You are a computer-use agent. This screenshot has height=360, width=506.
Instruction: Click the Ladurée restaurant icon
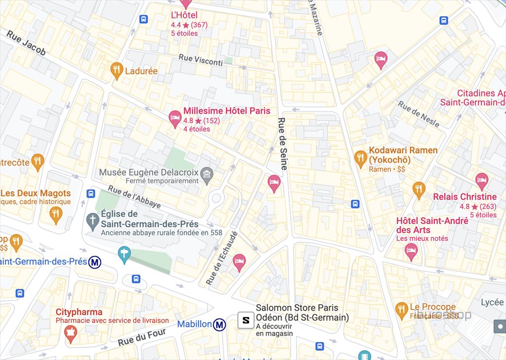pyautogui.click(x=117, y=71)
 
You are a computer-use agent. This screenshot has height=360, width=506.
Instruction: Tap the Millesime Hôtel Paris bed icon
pyautogui.click(x=175, y=118)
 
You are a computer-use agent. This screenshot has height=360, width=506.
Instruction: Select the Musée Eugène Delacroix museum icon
pyautogui.click(x=207, y=173)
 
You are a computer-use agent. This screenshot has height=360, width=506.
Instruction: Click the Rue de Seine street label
pyautogui.click(x=283, y=144)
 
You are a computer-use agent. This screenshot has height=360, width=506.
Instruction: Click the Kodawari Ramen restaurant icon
pyautogui.click(x=361, y=158)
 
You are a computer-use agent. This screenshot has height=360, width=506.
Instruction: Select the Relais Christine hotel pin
pyautogui.click(x=481, y=180)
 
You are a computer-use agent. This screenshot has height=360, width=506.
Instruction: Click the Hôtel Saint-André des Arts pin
pyautogui.click(x=411, y=251)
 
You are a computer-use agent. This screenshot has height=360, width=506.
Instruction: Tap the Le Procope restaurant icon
pyautogui.click(x=402, y=310)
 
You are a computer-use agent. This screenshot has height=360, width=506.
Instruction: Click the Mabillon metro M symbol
pyautogui.click(x=220, y=324)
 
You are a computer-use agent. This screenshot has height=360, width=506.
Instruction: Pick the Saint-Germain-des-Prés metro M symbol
pyautogui.click(x=95, y=262)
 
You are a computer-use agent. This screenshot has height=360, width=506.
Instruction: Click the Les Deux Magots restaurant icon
pyautogui.click(x=56, y=213)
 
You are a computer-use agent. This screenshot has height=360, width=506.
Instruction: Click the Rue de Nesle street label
pyautogui.click(x=419, y=114)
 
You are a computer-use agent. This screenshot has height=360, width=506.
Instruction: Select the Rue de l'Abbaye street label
pyautogui.click(x=127, y=197)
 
